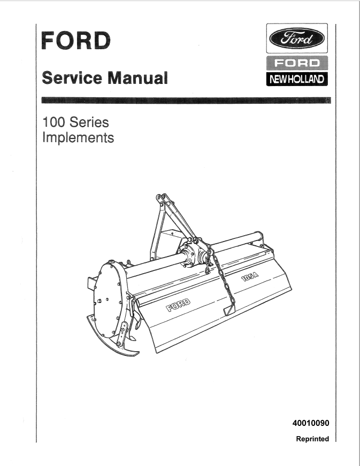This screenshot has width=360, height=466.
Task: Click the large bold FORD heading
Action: [76, 41]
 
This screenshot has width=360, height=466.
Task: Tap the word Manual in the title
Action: [137, 78]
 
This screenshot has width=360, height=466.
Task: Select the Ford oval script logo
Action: [297, 38]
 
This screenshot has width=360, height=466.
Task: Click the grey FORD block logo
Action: [297, 63]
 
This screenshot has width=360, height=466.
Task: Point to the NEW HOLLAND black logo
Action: [297, 79]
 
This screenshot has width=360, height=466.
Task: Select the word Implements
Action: [78, 138]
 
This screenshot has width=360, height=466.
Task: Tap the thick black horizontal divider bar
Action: [186, 100]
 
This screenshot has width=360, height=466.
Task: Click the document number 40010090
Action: [311, 423]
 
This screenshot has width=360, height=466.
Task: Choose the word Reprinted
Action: [312, 439]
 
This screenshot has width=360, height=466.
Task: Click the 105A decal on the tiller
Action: [250, 277]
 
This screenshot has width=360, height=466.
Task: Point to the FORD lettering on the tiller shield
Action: [178, 305]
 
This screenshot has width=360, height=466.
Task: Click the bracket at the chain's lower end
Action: [229, 309]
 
